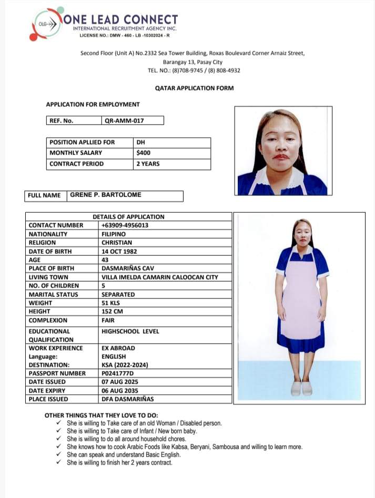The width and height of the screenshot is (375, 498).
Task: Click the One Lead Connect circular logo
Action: click(x=46, y=24)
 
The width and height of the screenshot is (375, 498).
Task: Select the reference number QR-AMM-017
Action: click(x=124, y=120)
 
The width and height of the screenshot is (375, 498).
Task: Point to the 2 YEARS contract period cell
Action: click(x=148, y=164)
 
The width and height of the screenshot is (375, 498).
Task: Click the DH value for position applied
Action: click(x=140, y=142)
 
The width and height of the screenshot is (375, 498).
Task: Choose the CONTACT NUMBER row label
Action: click(x=56, y=225)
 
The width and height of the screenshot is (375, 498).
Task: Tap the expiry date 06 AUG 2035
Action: click(x=120, y=391)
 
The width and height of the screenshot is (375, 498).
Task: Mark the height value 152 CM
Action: click(x=113, y=312)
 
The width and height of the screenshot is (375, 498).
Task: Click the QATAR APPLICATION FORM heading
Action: click(x=194, y=88)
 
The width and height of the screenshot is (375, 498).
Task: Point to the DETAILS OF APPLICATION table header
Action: click(x=128, y=216)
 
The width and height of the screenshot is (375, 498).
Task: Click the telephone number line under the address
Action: click(x=194, y=70)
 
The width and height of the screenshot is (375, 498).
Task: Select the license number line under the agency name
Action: click(x=125, y=35)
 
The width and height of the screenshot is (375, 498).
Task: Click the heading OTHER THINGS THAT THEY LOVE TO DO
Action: click(x=101, y=416)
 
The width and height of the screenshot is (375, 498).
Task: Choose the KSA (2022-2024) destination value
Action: click(x=125, y=365)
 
